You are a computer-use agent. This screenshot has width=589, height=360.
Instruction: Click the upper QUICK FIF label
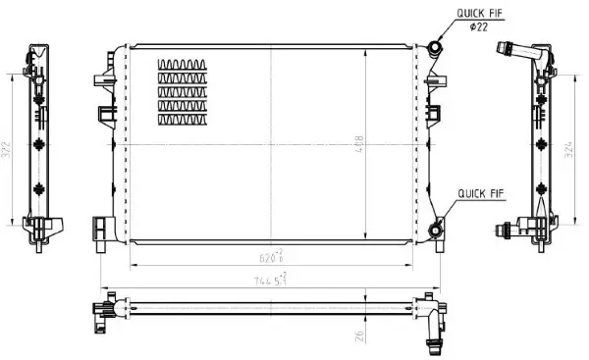(x=480, y=13)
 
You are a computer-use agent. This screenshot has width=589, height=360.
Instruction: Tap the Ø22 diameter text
(x=479, y=26)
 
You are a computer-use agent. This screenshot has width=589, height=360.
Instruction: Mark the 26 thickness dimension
(x=360, y=335)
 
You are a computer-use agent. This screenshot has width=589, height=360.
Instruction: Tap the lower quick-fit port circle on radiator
(x=435, y=231)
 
